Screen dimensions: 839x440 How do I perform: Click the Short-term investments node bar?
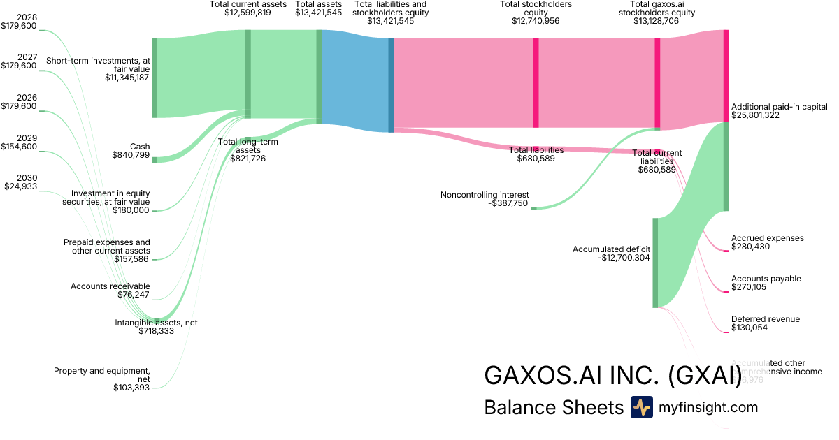coord(155,78)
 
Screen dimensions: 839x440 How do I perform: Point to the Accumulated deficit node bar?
coord(655,262)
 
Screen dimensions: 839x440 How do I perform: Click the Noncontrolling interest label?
coord(485,194)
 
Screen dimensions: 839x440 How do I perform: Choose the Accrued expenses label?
coord(767,238)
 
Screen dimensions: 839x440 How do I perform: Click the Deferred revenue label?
coord(766,319)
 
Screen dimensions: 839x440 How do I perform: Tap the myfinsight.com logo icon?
coord(641,407)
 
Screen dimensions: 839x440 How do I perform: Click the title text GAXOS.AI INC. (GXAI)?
coord(612,375)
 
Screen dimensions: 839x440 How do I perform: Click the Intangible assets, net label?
coord(156,323)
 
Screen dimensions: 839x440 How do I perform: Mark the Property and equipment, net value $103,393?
coord(131,388)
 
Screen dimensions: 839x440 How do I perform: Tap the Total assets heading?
coord(318,4)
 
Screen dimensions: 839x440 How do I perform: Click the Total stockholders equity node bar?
coord(536,82)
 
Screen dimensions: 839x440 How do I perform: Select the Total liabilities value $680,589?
coord(536,159)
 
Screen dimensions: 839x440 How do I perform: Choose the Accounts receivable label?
coord(110,286)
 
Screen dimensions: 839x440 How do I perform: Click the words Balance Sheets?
coord(553,407)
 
